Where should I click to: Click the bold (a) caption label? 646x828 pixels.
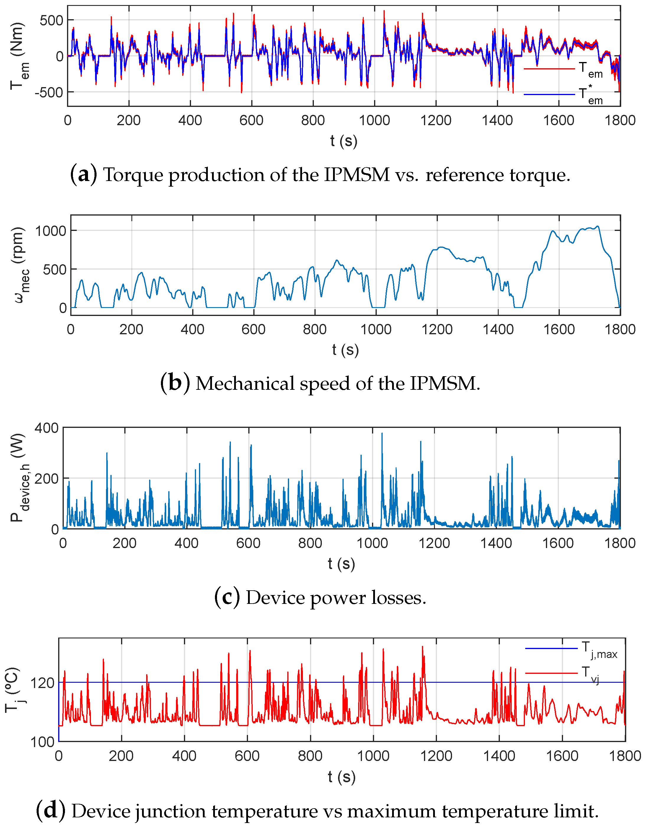(83, 175)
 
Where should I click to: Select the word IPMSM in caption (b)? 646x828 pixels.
(442, 383)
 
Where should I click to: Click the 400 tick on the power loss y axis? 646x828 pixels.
(46, 428)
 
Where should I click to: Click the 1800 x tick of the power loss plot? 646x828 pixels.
(619, 543)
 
